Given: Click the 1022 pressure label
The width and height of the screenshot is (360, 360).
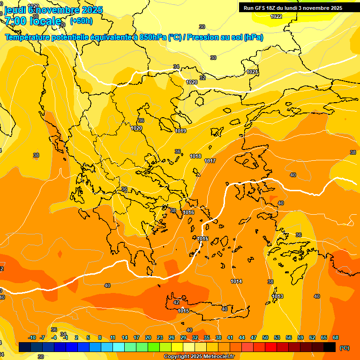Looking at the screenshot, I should (276, 16).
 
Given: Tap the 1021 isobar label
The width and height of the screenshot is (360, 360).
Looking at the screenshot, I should (252, 72).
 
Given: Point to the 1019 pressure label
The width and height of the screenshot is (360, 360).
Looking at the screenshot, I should (180, 131).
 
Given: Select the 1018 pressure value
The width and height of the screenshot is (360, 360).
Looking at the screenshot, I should (195, 156).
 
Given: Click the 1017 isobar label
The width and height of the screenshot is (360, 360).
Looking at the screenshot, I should (210, 161).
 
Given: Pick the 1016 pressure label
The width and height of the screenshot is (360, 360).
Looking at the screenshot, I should (188, 212).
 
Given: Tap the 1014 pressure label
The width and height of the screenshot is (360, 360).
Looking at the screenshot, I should (236, 281).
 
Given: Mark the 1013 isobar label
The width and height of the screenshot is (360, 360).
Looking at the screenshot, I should (277, 296).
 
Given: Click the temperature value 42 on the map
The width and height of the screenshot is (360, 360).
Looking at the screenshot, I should (176, 302).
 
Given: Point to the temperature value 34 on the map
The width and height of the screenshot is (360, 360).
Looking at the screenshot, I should (176, 67).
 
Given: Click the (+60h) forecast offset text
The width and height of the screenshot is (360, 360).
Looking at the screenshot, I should (81, 21).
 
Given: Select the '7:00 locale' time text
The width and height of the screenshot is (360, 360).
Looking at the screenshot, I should (33, 21).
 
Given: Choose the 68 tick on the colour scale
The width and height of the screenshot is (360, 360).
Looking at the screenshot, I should (336, 337).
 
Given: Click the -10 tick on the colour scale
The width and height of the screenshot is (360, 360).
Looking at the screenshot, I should (32, 337).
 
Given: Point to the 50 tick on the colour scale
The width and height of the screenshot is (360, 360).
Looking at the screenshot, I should (265, 337).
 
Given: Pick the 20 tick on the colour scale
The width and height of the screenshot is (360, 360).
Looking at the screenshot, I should (148, 337).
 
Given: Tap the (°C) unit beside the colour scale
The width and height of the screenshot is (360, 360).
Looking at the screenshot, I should (345, 348).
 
